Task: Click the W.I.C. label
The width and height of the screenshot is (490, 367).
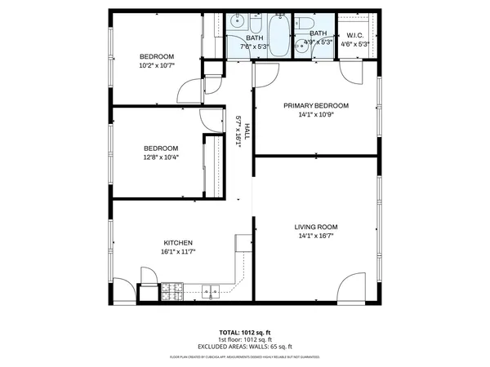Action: pyautogui.click(x=354, y=35)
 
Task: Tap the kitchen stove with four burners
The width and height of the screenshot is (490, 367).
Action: pyautogui.click(x=171, y=289)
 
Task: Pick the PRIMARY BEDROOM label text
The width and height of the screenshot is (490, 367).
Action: pyautogui.click(x=315, y=105)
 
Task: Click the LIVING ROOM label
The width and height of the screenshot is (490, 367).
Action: pyautogui.click(x=315, y=227)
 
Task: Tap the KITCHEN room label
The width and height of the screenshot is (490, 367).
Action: pyautogui.click(x=177, y=243)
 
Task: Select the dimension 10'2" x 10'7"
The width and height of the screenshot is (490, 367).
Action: pyautogui.click(x=158, y=65)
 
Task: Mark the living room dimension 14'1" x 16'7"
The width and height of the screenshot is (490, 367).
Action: pyautogui.click(x=315, y=237)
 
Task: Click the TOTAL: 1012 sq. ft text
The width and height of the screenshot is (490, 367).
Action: pyautogui.click(x=245, y=333)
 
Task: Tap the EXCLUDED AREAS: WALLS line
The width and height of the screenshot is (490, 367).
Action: pyautogui.click(x=245, y=347)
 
